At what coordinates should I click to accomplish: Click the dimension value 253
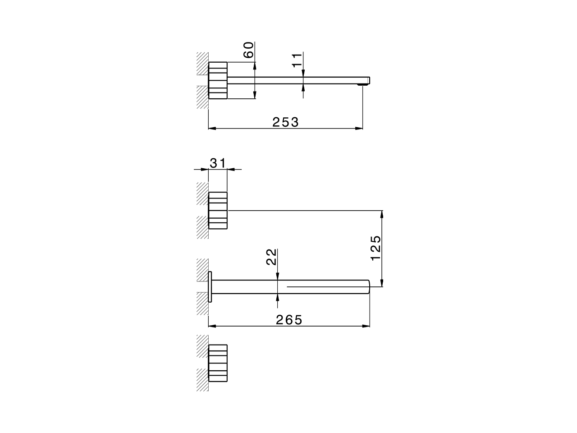pos(285,122)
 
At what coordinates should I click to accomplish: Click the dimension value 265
pos(289,319)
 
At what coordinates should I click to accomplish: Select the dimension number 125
pos(376,248)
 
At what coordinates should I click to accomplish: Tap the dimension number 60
pos(248,50)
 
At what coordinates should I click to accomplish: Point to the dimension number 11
pos(297,60)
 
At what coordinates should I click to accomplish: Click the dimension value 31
pos(217,163)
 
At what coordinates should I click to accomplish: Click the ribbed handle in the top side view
pos(218,80)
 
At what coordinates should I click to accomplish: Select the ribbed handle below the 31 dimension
pos(218,210)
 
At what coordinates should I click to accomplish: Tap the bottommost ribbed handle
pos(218,363)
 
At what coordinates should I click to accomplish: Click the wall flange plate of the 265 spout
pos(210,286)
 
